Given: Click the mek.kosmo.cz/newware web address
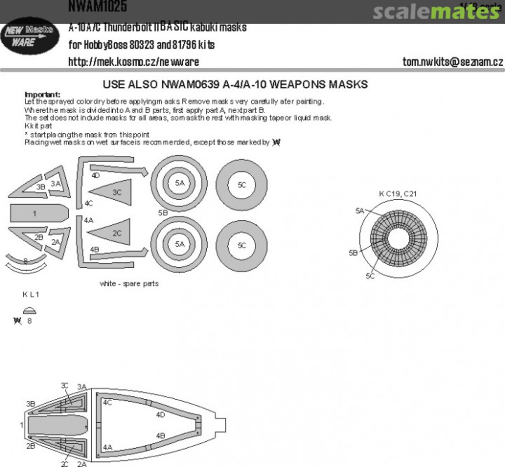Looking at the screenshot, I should (133, 62).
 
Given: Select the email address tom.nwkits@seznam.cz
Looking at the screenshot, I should (452, 62).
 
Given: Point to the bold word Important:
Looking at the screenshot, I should (42, 94).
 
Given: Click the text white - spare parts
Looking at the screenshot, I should (129, 283).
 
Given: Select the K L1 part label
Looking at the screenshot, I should (31, 295).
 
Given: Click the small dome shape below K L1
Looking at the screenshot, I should (29, 310).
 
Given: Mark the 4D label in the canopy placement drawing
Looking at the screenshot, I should (160, 414).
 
